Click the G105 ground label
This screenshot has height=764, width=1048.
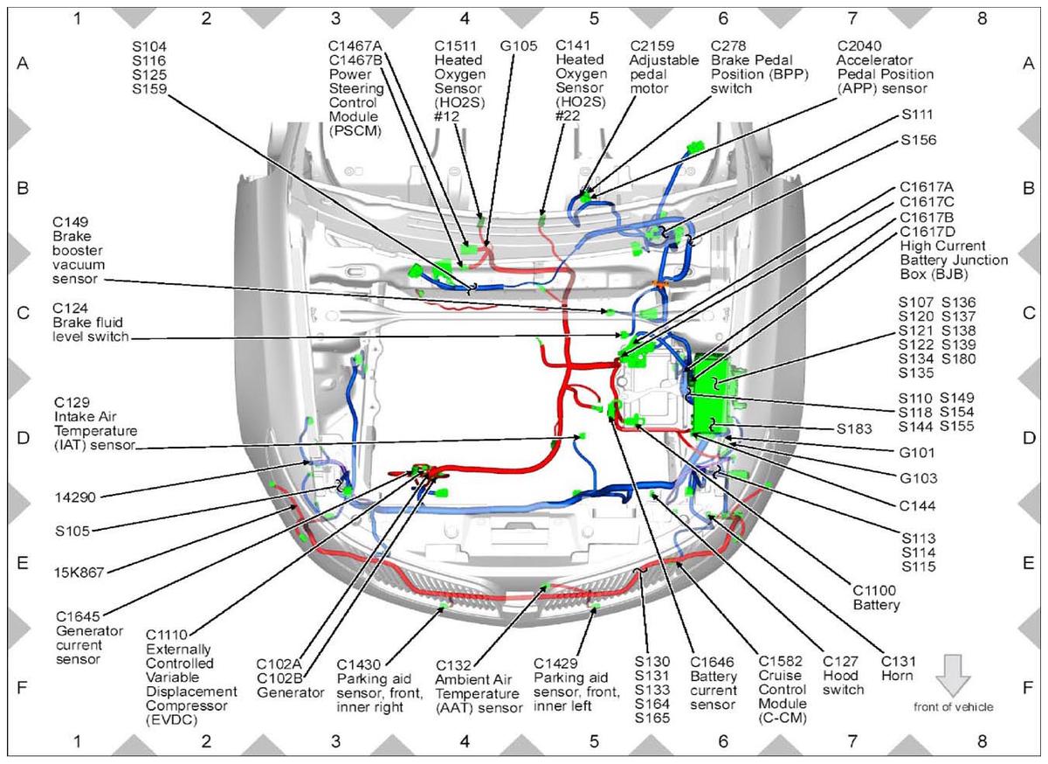(519, 46)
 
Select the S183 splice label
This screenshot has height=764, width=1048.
(854, 428)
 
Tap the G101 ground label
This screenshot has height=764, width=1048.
(916, 453)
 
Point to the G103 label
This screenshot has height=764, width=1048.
(919, 478)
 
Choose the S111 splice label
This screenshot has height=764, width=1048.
(917, 115)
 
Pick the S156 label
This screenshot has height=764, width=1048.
(919, 140)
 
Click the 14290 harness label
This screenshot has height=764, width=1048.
(75, 497)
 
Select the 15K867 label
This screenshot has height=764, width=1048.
(79, 572)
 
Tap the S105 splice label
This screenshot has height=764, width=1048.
(72, 531)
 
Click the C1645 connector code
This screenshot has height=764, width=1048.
(78, 616)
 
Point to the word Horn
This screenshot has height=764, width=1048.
(897, 676)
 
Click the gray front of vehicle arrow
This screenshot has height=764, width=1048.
(953, 676)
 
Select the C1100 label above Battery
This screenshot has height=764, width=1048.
(874, 590)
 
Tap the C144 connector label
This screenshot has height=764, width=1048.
(917, 506)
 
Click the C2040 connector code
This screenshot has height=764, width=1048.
(859, 46)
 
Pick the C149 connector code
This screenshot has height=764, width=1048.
(70, 221)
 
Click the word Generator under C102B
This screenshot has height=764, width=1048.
(291, 692)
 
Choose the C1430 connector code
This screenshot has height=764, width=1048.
(359, 664)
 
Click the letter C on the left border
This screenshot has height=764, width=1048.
(23, 313)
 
